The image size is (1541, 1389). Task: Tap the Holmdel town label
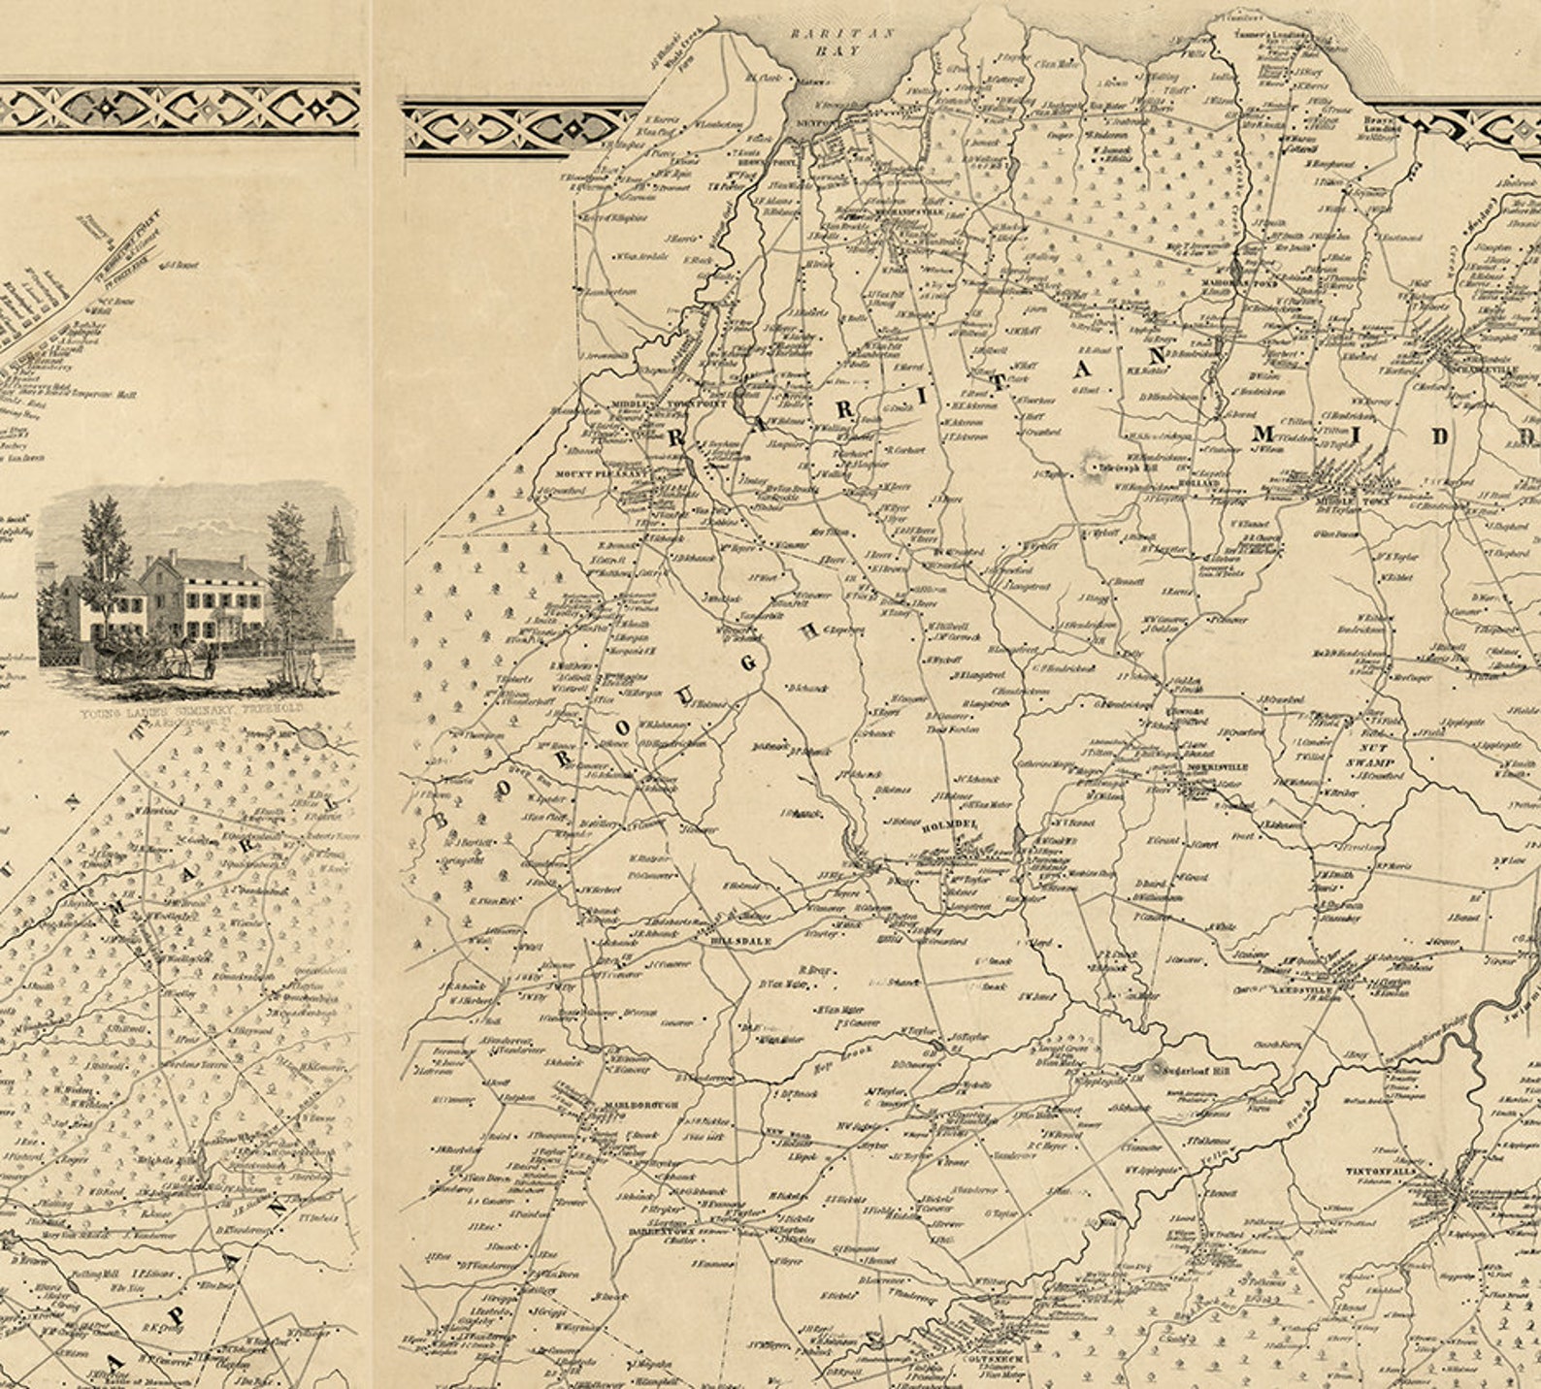click(958, 824)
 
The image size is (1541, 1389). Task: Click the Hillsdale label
click(733, 941)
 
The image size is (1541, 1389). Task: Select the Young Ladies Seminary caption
click(194, 710)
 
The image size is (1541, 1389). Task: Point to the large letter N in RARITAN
click(1156, 356)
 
